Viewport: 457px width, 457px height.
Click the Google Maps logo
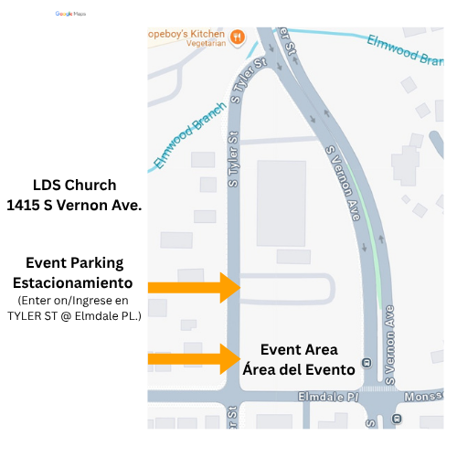click(69, 14)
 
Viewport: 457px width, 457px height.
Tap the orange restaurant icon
click(237, 37)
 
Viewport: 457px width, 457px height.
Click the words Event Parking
click(73, 262)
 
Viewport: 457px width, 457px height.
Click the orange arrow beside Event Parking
click(194, 288)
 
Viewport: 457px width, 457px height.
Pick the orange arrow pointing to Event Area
click(194, 357)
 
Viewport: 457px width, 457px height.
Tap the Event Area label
click(299, 349)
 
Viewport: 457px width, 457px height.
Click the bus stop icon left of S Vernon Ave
click(367, 362)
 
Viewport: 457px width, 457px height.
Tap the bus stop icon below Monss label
click(396, 419)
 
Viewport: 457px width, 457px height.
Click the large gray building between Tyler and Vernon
click(282, 203)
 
